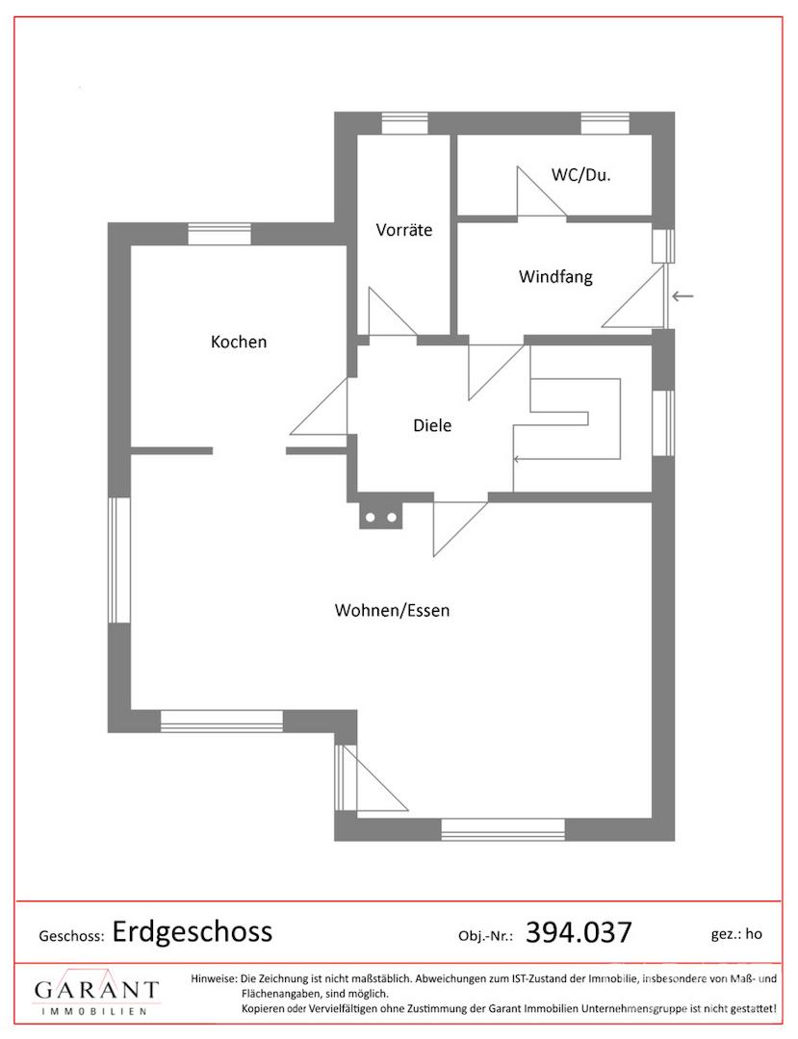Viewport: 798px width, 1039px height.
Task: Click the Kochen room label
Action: click(x=239, y=342)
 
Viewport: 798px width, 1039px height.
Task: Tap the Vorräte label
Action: click(x=404, y=231)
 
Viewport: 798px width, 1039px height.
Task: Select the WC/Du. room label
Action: click(x=581, y=175)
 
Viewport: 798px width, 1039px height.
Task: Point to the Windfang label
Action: click(x=555, y=277)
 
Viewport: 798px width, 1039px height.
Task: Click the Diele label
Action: click(x=432, y=425)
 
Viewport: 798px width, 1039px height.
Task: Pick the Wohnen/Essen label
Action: click(x=392, y=610)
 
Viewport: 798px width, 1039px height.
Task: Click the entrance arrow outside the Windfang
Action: click(x=682, y=296)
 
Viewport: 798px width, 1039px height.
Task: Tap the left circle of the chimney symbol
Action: click(x=371, y=518)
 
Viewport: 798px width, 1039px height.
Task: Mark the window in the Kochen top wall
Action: click(x=219, y=234)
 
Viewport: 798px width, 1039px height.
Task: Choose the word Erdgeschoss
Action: click(x=193, y=931)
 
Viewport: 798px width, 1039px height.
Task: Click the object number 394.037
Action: click(x=579, y=932)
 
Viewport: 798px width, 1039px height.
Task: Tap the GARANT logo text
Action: click(x=96, y=990)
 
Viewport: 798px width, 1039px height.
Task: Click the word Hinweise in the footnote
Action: click(x=213, y=978)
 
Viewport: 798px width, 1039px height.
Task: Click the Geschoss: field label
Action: click(x=71, y=935)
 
